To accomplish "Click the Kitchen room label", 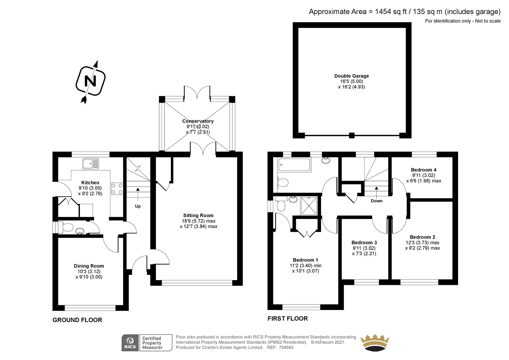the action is [x=90, y=183].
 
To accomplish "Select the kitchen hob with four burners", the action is [x=117, y=189].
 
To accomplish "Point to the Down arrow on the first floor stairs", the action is [x=377, y=191].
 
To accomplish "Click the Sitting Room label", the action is [x=199, y=215].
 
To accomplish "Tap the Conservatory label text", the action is [x=198, y=121].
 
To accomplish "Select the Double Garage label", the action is [x=352, y=76].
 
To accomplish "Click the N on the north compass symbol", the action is [x=90, y=81].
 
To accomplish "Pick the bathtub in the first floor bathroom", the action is [x=294, y=165].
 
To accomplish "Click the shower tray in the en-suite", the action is [x=309, y=206].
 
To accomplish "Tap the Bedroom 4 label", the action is [x=423, y=170].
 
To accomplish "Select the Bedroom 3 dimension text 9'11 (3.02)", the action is [x=364, y=248].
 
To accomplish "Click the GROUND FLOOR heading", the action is [x=77, y=320].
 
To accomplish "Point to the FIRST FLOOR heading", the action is [x=288, y=318].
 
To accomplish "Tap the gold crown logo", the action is [x=375, y=342].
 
